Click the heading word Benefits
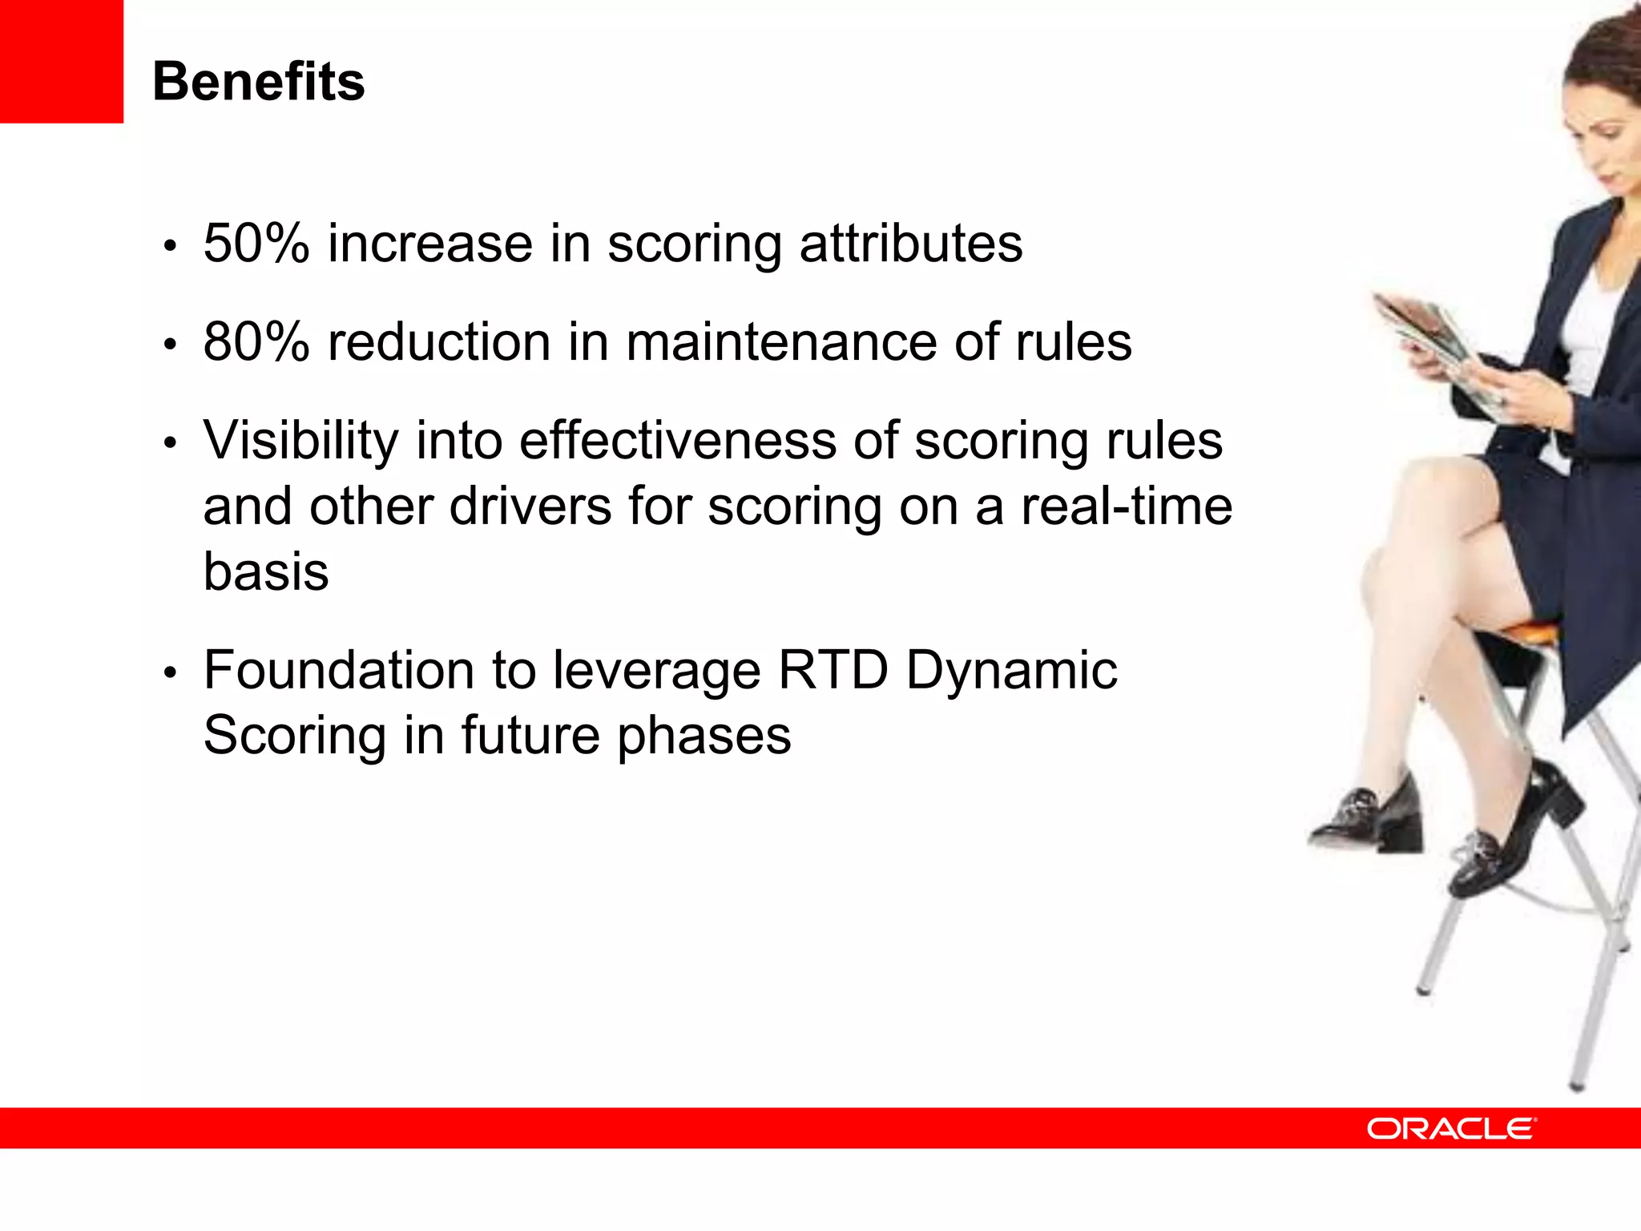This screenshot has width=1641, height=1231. (x=258, y=82)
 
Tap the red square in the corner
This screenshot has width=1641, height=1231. (x=61, y=61)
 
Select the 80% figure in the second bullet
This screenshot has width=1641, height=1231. (x=256, y=342)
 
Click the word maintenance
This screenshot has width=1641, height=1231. (x=781, y=342)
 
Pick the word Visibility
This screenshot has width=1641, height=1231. (x=300, y=442)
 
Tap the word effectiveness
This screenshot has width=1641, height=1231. (x=677, y=442)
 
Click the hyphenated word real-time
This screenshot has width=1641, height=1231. (x=1126, y=507)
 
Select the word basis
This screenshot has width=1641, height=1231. (x=266, y=572)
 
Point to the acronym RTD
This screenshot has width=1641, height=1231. (x=833, y=670)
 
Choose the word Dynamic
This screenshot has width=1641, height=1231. (x=1011, y=672)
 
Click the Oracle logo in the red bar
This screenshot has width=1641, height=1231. (x=1451, y=1128)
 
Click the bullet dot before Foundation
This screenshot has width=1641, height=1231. (x=169, y=672)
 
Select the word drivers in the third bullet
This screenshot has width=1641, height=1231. (x=530, y=507)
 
